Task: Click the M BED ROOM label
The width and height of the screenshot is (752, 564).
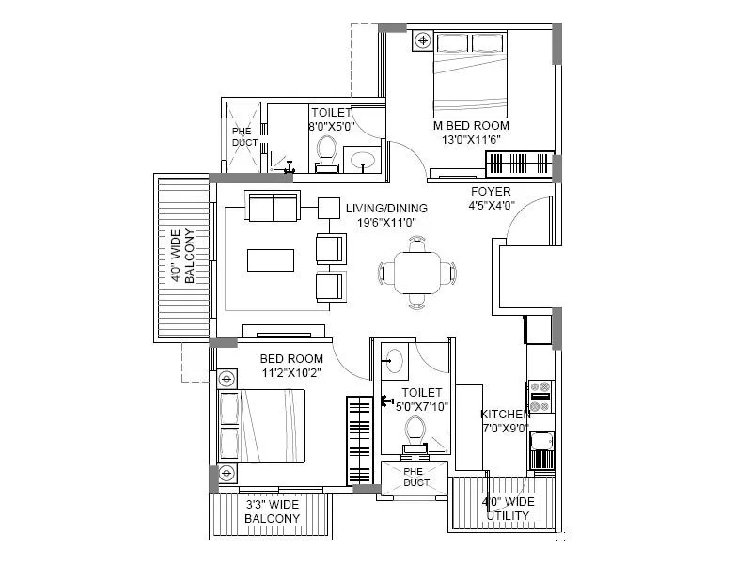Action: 471,125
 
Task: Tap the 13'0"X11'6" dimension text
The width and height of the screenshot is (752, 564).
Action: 471,139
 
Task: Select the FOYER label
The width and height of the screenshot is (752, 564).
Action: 491,191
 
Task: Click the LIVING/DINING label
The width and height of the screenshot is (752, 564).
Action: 385,208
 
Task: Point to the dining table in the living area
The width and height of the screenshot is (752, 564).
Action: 415,273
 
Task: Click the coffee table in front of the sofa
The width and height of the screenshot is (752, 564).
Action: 271,258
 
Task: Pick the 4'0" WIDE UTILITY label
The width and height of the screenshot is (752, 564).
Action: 508,509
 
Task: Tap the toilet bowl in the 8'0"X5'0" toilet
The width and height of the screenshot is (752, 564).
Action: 326,150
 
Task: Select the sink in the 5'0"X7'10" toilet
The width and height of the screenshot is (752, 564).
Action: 395,361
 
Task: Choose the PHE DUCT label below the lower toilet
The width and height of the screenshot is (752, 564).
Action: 415,476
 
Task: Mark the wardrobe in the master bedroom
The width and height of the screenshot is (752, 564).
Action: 520,163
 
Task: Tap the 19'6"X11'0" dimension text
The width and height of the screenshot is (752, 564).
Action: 385,222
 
